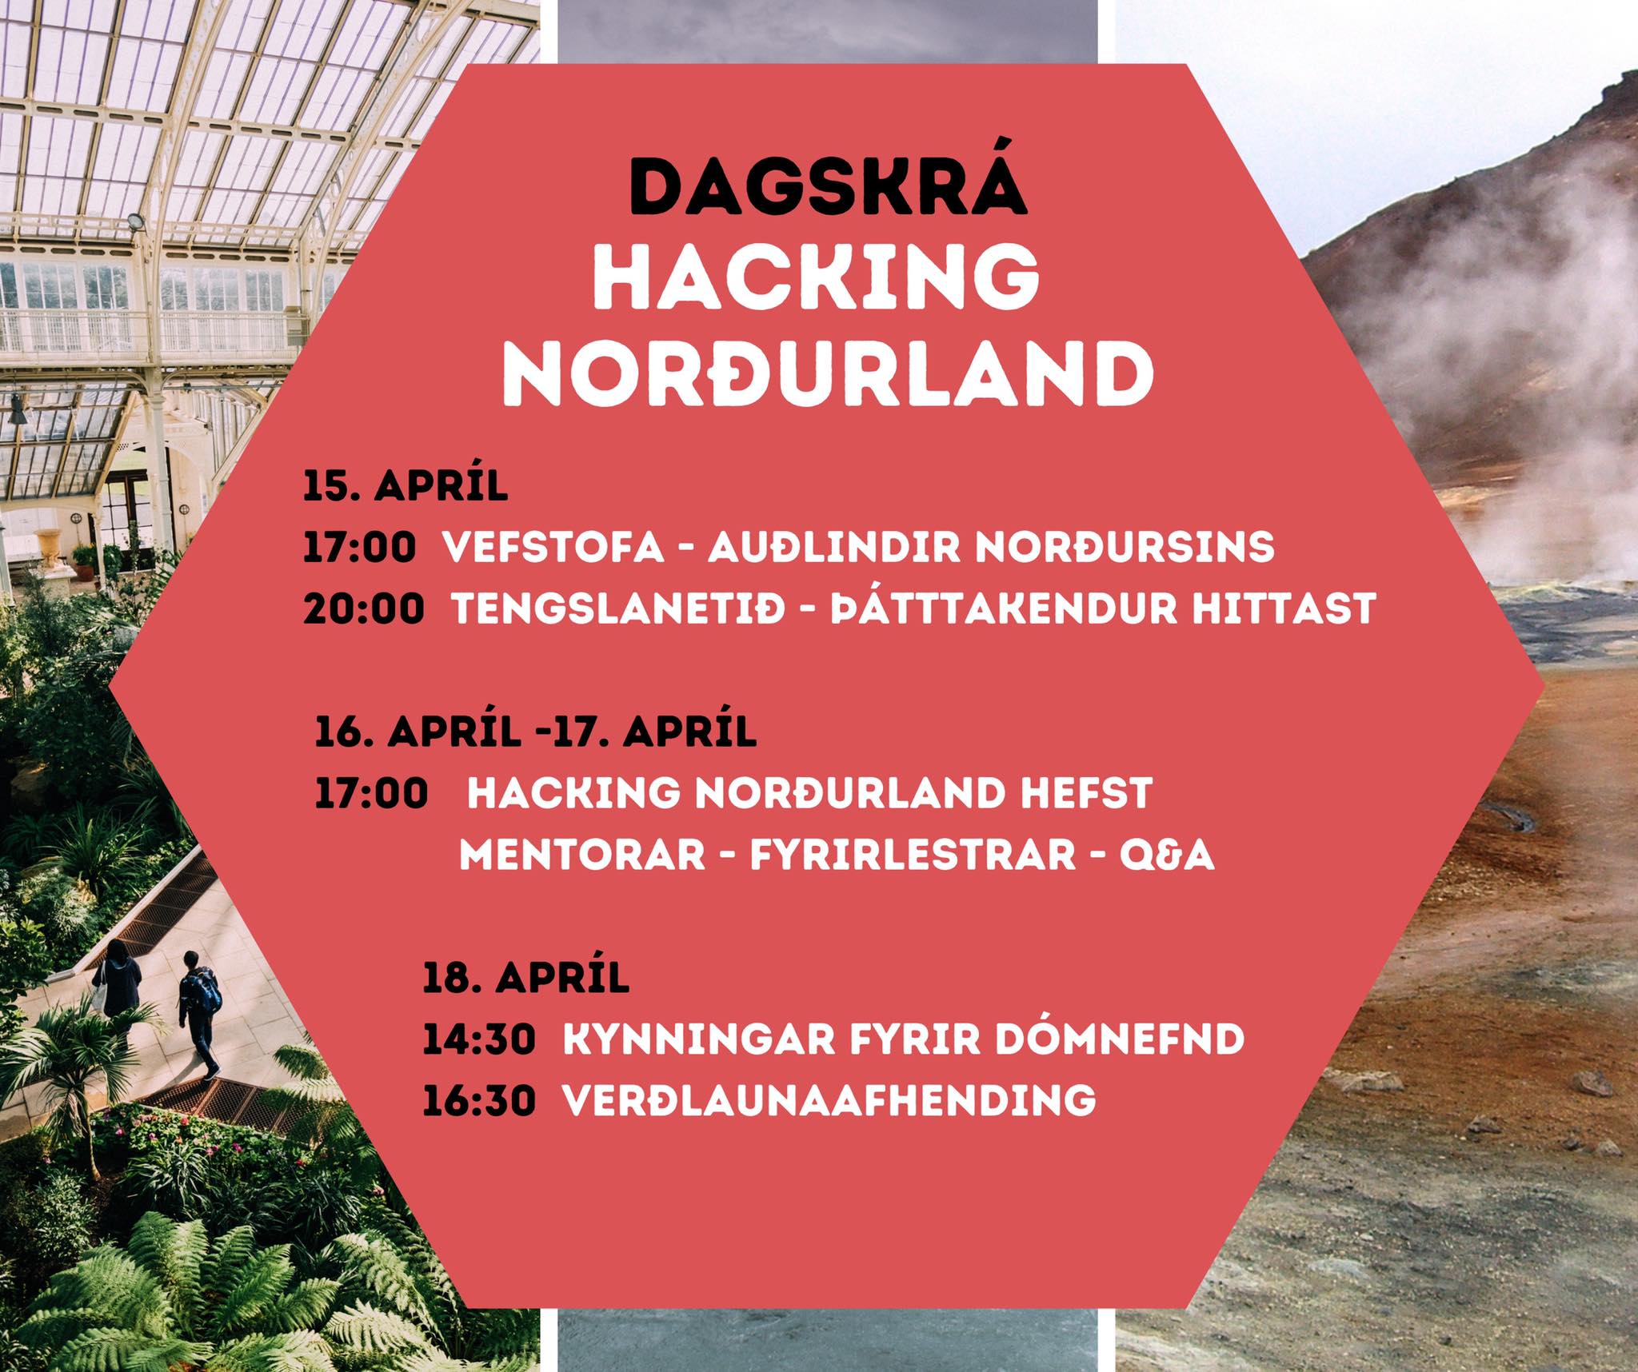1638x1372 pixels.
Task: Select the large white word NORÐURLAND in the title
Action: [828, 374]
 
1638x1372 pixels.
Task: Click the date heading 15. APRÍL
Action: [406, 486]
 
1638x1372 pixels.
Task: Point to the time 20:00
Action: [364, 608]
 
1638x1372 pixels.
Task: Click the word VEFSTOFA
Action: [553, 548]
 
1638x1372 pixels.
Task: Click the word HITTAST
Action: [1284, 608]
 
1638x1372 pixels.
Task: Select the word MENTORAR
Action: [582, 855]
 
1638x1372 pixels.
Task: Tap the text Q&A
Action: [1167, 855]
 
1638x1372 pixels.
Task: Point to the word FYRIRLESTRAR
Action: [913, 855]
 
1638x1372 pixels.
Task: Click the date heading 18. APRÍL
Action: [526, 978]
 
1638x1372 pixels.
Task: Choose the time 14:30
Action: [479, 1039]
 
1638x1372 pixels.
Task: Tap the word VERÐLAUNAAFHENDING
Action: [829, 1101]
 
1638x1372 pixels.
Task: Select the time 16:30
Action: [479, 1101]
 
